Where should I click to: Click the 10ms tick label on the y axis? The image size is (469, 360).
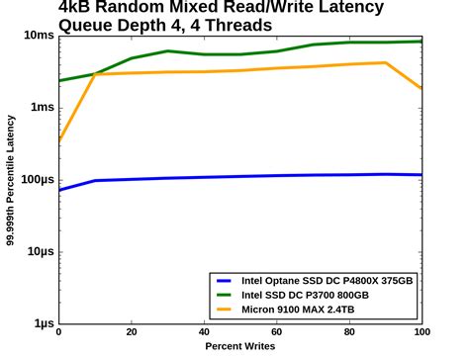click(37, 36)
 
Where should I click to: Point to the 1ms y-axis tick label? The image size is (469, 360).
click(41, 108)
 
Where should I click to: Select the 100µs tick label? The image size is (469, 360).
click(36, 180)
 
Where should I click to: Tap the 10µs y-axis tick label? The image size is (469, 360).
click(39, 252)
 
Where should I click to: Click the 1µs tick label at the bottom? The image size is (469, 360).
click(42, 323)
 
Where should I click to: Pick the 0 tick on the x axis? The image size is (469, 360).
click(58, 334)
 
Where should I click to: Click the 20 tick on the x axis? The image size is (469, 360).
click(131, 334)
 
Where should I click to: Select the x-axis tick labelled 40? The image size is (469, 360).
click(204, 334)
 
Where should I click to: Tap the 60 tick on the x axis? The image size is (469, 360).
click(276, 334)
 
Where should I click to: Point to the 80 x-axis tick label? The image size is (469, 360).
click(349, 334)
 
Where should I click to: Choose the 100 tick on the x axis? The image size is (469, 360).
click(422, 334)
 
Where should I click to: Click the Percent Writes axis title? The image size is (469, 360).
click(239, 348)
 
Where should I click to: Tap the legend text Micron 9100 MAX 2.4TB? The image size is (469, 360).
click(294, 310)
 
